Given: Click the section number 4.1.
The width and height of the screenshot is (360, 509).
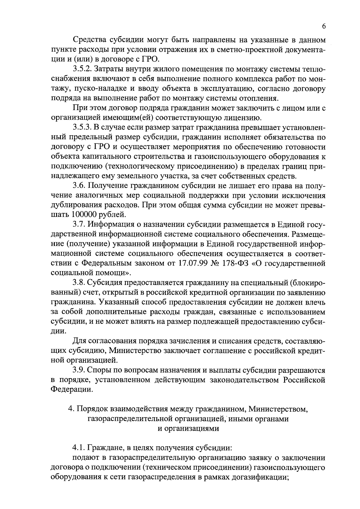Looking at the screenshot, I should [79, 448].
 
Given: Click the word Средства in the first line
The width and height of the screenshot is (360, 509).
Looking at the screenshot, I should [88, 40].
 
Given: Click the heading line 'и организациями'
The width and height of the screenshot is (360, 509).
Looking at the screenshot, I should [188, 429].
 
